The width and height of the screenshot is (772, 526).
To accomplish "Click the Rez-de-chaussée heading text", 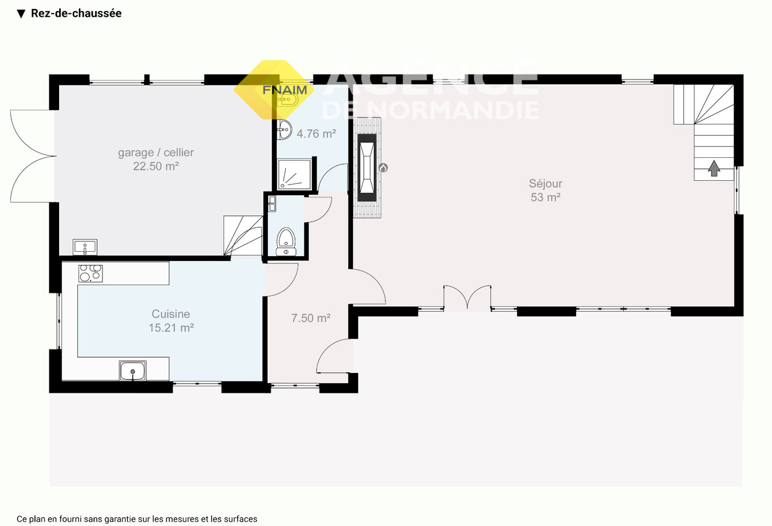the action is point(76,13).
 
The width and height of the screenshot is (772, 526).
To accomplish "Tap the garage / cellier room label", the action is point(156,152).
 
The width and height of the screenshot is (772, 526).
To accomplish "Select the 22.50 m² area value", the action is point(156,166).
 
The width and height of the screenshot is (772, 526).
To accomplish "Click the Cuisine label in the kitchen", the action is point(171,314).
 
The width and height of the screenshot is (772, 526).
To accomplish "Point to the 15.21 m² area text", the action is point(171,328).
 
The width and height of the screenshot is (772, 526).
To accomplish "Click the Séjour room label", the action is point(546,184).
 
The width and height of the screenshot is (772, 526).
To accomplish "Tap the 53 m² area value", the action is point(546,197).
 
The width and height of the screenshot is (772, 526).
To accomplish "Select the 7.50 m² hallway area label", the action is point(311,318).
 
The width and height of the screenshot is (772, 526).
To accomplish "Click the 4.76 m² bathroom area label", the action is point(317,134).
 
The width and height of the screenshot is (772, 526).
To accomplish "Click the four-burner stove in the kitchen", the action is point(90,274).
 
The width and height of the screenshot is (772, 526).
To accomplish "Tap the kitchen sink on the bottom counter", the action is point(133,371).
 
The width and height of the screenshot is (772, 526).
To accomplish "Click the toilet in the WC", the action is point(286,242).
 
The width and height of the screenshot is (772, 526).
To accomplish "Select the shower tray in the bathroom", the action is point(294,174).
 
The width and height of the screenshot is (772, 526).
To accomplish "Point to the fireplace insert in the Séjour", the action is point(367,168).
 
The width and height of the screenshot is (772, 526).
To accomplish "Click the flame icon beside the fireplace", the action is point(383,168).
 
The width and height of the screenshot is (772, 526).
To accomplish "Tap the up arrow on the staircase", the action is point(713,168).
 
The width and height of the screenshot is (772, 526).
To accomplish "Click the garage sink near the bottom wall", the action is point(85,247).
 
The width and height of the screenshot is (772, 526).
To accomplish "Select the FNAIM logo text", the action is point(285,90).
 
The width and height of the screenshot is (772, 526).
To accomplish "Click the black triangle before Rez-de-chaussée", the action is point(21,14).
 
